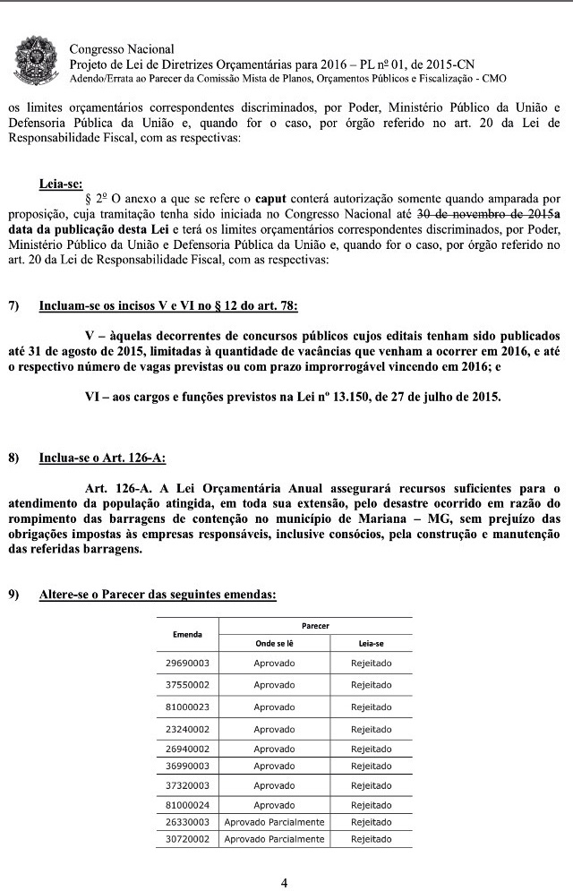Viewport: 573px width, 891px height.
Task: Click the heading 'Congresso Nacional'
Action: point(121,49)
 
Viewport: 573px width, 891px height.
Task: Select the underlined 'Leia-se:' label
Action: point(61,184)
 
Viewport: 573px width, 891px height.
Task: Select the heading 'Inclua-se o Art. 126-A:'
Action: point(102,458)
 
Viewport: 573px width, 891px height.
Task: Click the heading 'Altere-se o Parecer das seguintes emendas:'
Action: point(158,595)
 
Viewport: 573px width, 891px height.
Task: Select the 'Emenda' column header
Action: point(187,634)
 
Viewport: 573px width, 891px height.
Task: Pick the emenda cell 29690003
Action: point(187,664)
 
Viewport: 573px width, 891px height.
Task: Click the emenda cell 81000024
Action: point(187,805)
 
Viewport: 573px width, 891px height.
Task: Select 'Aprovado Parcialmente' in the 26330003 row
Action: point(274,821)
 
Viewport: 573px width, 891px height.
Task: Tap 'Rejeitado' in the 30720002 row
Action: point(371,839)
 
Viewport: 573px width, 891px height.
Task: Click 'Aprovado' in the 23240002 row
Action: point(274,729)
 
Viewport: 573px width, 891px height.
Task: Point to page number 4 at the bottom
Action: point(285,882)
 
